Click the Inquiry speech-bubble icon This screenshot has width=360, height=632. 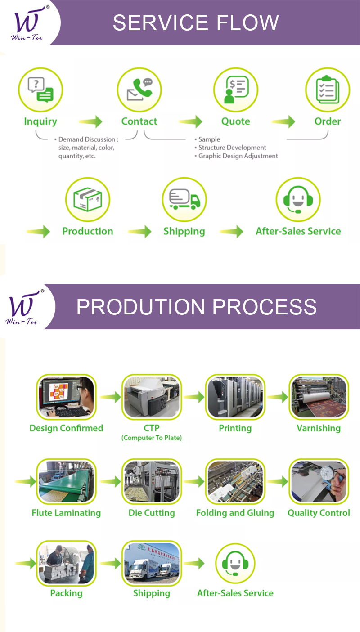click(x=40, y=90)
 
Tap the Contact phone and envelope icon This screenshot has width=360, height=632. click(x=139, y=90)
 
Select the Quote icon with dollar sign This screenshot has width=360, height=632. click(x=235, y=90)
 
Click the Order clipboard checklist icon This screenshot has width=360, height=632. click(x=327, y=90)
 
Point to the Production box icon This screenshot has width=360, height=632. click(x=88, y=199)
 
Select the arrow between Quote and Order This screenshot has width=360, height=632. click(x=283, y=121)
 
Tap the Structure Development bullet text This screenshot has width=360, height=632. click(x=232, y=148)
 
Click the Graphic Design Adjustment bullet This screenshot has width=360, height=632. click(x=238, y=156)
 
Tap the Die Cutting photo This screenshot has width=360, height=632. click(x=152, y=482)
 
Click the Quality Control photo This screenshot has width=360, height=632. click(x=319, y=482)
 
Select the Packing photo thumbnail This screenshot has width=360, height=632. click(x=66, y=563)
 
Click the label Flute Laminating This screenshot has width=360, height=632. click(x=66, y=513)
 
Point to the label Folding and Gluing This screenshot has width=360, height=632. click(x=235, y=513)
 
